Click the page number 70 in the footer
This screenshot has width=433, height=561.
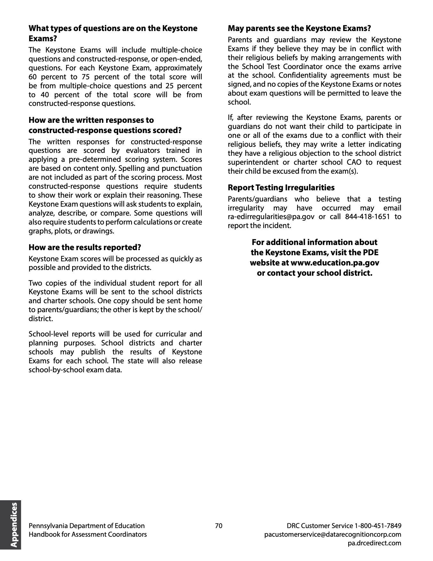(218, 525)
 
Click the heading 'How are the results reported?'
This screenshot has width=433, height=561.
(85, 247)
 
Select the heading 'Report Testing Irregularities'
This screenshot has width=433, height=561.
(281, 187)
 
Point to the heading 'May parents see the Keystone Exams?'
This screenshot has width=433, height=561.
(299, 28)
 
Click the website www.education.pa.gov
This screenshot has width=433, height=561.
(335, 263)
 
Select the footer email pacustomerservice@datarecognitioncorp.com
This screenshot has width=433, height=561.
(333, 534)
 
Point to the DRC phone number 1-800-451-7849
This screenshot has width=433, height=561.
(378, 525)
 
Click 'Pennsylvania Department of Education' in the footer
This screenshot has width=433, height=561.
(87, 525)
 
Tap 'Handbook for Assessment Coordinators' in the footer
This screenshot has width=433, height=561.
(88, 534)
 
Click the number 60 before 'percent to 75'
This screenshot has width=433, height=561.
(33, 77)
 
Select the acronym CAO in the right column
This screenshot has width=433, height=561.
(354, 162)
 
